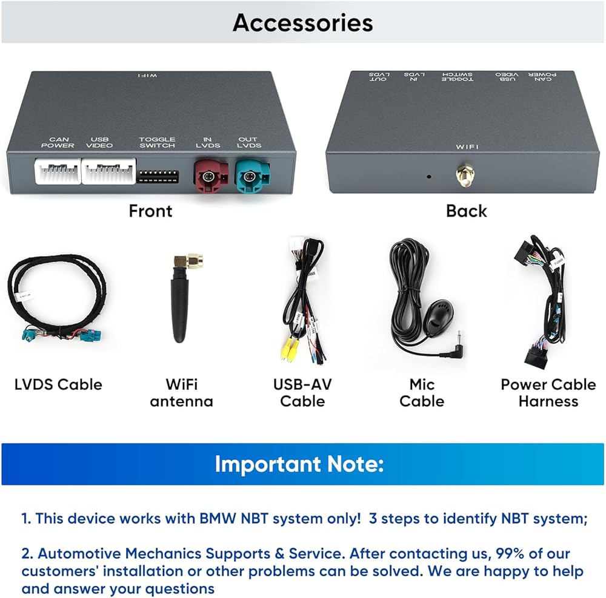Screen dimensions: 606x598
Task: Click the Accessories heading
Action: (x=302, y=22)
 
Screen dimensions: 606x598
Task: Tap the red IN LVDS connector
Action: (x=210, y=176)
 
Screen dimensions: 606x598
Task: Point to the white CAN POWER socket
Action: (x=58, y=172)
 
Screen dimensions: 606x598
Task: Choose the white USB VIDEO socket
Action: (x=107, y=172)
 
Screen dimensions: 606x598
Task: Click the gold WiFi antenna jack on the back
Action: (x=464, y=176)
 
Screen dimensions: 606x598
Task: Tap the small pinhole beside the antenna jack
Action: (x=429, y=177)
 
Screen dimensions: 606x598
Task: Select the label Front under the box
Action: (x=150, y=211)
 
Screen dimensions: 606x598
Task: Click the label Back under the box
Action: (x=466, y=211)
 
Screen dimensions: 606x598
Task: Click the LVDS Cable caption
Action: (x=58, y=384)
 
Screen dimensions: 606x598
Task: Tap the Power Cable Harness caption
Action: (x=548, y=393)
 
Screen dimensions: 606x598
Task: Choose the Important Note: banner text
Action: (x=299, y=464)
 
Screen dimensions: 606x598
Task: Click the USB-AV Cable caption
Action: (x=302, y=393)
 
